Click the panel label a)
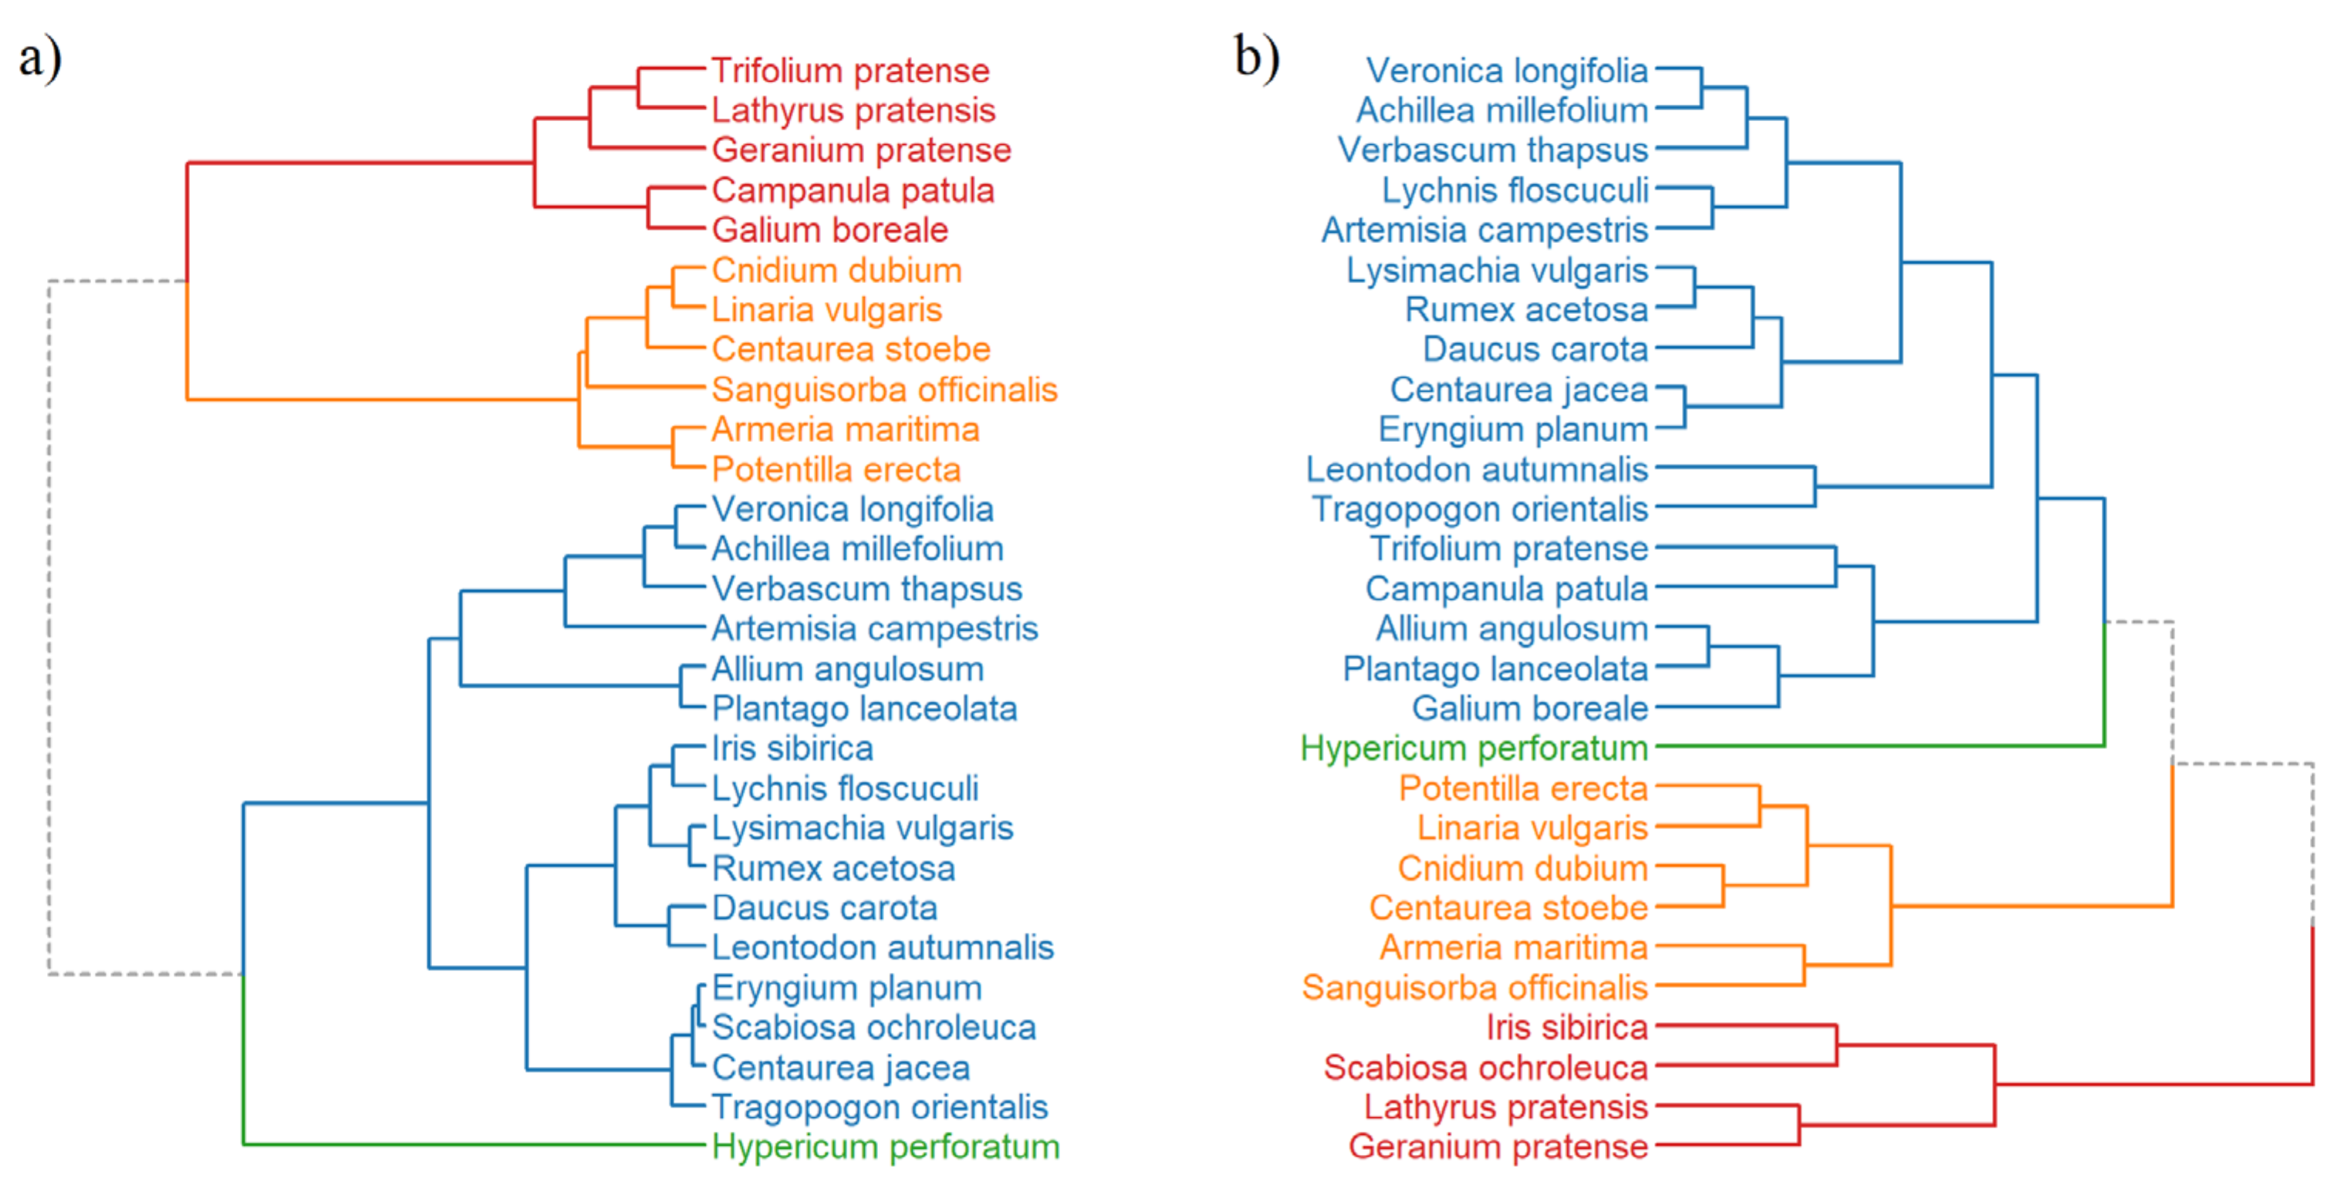pos(40,58)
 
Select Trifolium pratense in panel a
pos(850,71)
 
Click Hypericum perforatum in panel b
pos(1474,748)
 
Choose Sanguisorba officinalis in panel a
pos(883,390)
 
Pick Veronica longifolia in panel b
pos(1507,71)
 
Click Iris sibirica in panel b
pos(1567,1028)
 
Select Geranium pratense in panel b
pos(1498,1147)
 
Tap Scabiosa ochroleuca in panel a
pos(873,1028)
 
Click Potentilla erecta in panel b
pos(1523,788)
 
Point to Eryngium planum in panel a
pos(846,988)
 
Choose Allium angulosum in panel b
pos(1511,629)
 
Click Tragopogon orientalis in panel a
pos(879,1108)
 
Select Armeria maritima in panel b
pos(1513,948)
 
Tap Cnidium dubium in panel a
pos(836,270)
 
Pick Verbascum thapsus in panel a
pos(866,589)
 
